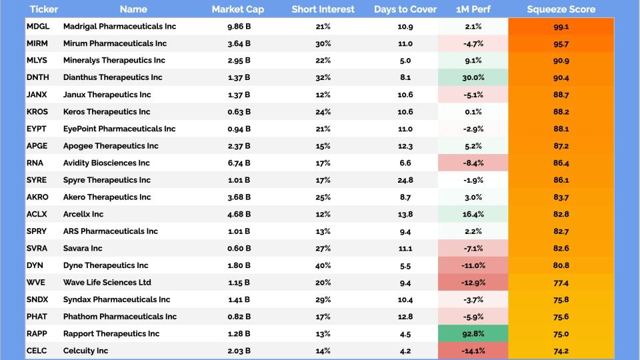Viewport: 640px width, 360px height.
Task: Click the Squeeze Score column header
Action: point(561,9)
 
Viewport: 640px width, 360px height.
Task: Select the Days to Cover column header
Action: point(405,9)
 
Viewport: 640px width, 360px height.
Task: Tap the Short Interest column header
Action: point(323,9)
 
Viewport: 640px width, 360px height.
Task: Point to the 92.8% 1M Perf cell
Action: point(473,333)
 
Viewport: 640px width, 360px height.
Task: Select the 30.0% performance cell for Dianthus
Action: point(473,77)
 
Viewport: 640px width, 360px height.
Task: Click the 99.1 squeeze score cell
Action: point(561,27)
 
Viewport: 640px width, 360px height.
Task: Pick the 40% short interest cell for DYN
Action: point(323,265)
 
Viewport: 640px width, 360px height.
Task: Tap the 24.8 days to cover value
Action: point(405,180)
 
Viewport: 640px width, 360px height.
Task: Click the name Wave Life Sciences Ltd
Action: point(107,283)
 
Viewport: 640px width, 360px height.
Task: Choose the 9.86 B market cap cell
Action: point(238,27)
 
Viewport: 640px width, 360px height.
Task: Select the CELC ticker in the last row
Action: point(37,351)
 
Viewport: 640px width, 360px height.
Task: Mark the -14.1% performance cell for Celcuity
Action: point(473,351)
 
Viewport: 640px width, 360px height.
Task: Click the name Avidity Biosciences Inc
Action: point(107,163)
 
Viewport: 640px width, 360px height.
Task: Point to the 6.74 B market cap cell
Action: point(238,163)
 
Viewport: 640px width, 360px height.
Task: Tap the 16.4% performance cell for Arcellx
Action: point(473,214)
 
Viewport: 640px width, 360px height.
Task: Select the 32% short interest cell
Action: point(323,77)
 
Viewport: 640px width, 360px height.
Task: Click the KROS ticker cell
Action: point(37,111)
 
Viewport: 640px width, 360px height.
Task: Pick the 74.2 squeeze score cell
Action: point(561,351)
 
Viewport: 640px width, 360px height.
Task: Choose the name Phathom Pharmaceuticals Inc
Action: point(119,317)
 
